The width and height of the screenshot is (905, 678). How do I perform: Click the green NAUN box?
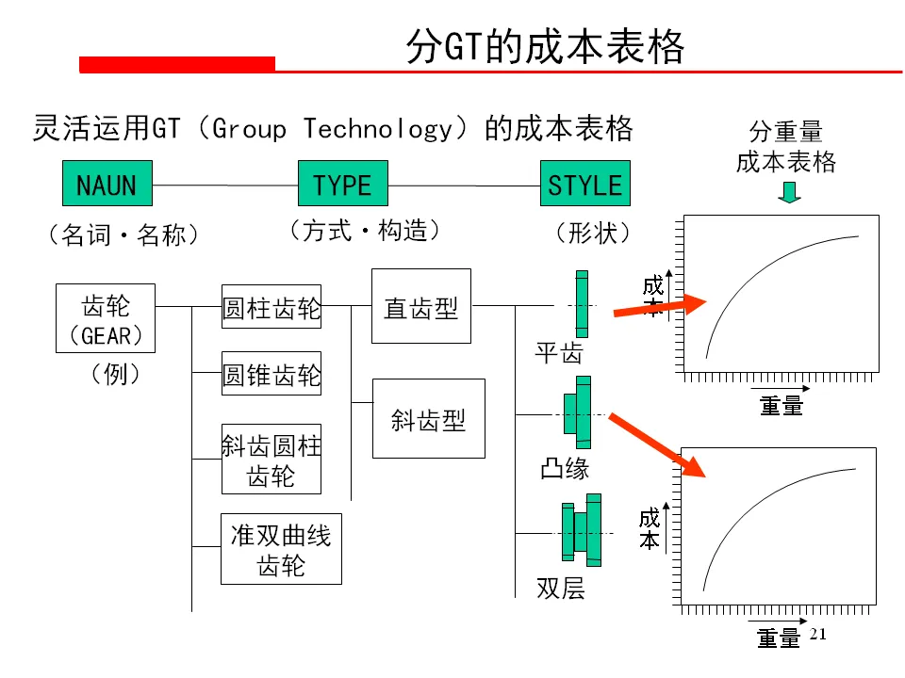107,183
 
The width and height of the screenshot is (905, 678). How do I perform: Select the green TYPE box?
342,183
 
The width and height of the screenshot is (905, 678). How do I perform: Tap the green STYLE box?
584,183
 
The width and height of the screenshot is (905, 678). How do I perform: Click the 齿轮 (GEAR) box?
106,318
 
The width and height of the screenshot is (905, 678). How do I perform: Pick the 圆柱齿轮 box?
271,306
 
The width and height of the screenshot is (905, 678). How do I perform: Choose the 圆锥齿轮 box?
271,374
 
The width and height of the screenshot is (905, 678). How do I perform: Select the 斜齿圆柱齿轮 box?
271,459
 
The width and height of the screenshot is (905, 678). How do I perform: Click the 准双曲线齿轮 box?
281,549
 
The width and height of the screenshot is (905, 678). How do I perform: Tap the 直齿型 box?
420,306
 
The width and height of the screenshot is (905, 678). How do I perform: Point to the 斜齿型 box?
429,418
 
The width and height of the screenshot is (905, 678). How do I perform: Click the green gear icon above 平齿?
582,304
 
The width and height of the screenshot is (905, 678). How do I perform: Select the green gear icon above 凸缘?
578,412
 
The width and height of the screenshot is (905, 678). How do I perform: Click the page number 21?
817,634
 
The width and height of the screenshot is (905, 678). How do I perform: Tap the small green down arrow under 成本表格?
790,192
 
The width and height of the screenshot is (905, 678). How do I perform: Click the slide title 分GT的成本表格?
544,47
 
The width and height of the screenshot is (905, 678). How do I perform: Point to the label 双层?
561,589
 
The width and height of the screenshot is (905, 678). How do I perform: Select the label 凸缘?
565,468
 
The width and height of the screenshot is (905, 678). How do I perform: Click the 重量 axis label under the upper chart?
782,406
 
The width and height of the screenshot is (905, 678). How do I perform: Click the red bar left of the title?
177,64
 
